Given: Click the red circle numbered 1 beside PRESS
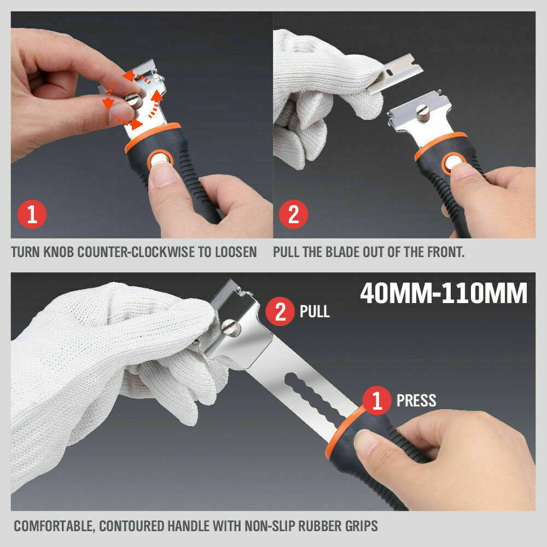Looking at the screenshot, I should [x=377, y=400].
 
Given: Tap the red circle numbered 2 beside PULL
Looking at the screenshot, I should [x=280, y=311].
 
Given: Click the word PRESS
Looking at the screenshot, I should [x=416, y=400].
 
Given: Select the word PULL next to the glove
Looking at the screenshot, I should [x=315, y=312].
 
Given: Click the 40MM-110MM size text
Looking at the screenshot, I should [x=444, y=294].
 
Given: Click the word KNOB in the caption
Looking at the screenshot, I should [x=59, y=252].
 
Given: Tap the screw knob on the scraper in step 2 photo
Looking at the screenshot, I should [x=423, y=114].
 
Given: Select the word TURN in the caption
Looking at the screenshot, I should [x=24, y=252].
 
